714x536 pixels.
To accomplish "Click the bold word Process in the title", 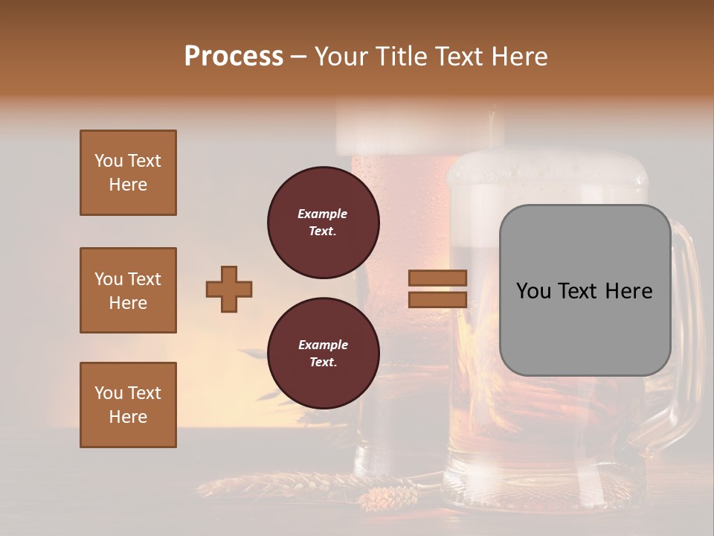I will pyautogui.click(x=234, y=56).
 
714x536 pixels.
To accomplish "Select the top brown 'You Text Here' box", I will pyautogui.click(x=128, y=173).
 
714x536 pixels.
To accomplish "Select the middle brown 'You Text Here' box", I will pyautogui.click(x=128, y=290).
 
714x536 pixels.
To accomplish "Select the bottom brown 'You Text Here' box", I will pyautogui.click(x=128, y=405).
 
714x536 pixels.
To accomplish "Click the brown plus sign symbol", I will pyautogui.click(x=229, y=289).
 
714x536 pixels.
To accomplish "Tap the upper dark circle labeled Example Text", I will pyautogui.click(x=323, y=223).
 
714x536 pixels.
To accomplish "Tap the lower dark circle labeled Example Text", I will pyautogui.click(x=323, y=354).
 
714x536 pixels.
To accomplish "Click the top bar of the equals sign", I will pyautogui.click(x=437, y=278).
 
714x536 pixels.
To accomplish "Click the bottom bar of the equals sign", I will pyautogui.click(x=437, y=299).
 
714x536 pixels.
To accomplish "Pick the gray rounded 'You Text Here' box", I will pyautogui.click(x=585, y=290).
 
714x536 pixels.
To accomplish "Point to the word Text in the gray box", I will pyautogui.click(x=585, y=290).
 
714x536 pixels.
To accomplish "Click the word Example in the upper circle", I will pyautogui.click(x=323, y=214).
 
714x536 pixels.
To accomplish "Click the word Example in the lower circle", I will pyautogui.click(x=323, y=345).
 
